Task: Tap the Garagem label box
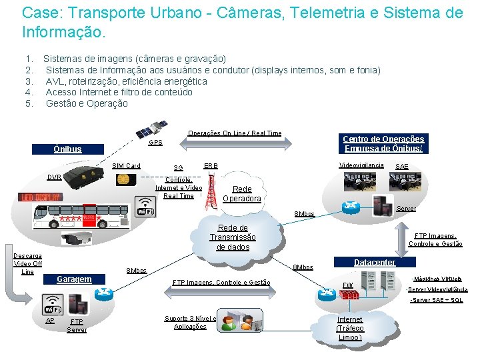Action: click(x=74, y=279)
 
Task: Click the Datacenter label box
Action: click(x=374, y=263)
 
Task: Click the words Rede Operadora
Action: click(x=242, y=193)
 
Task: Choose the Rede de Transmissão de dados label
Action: click(x=233, y=237)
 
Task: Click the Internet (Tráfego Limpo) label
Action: click(x=350, y=328)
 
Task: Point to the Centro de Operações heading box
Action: click(x=383, y=143)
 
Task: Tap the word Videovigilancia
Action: click(x=361, y=165)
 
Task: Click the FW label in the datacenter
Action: click(x=347, y=285)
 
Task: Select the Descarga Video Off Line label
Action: click(x=27, y=263)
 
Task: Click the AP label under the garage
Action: click(x=50, y=320)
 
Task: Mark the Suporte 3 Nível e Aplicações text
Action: click(x=190, y=322)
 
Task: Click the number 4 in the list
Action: click(x=29, y=92)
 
